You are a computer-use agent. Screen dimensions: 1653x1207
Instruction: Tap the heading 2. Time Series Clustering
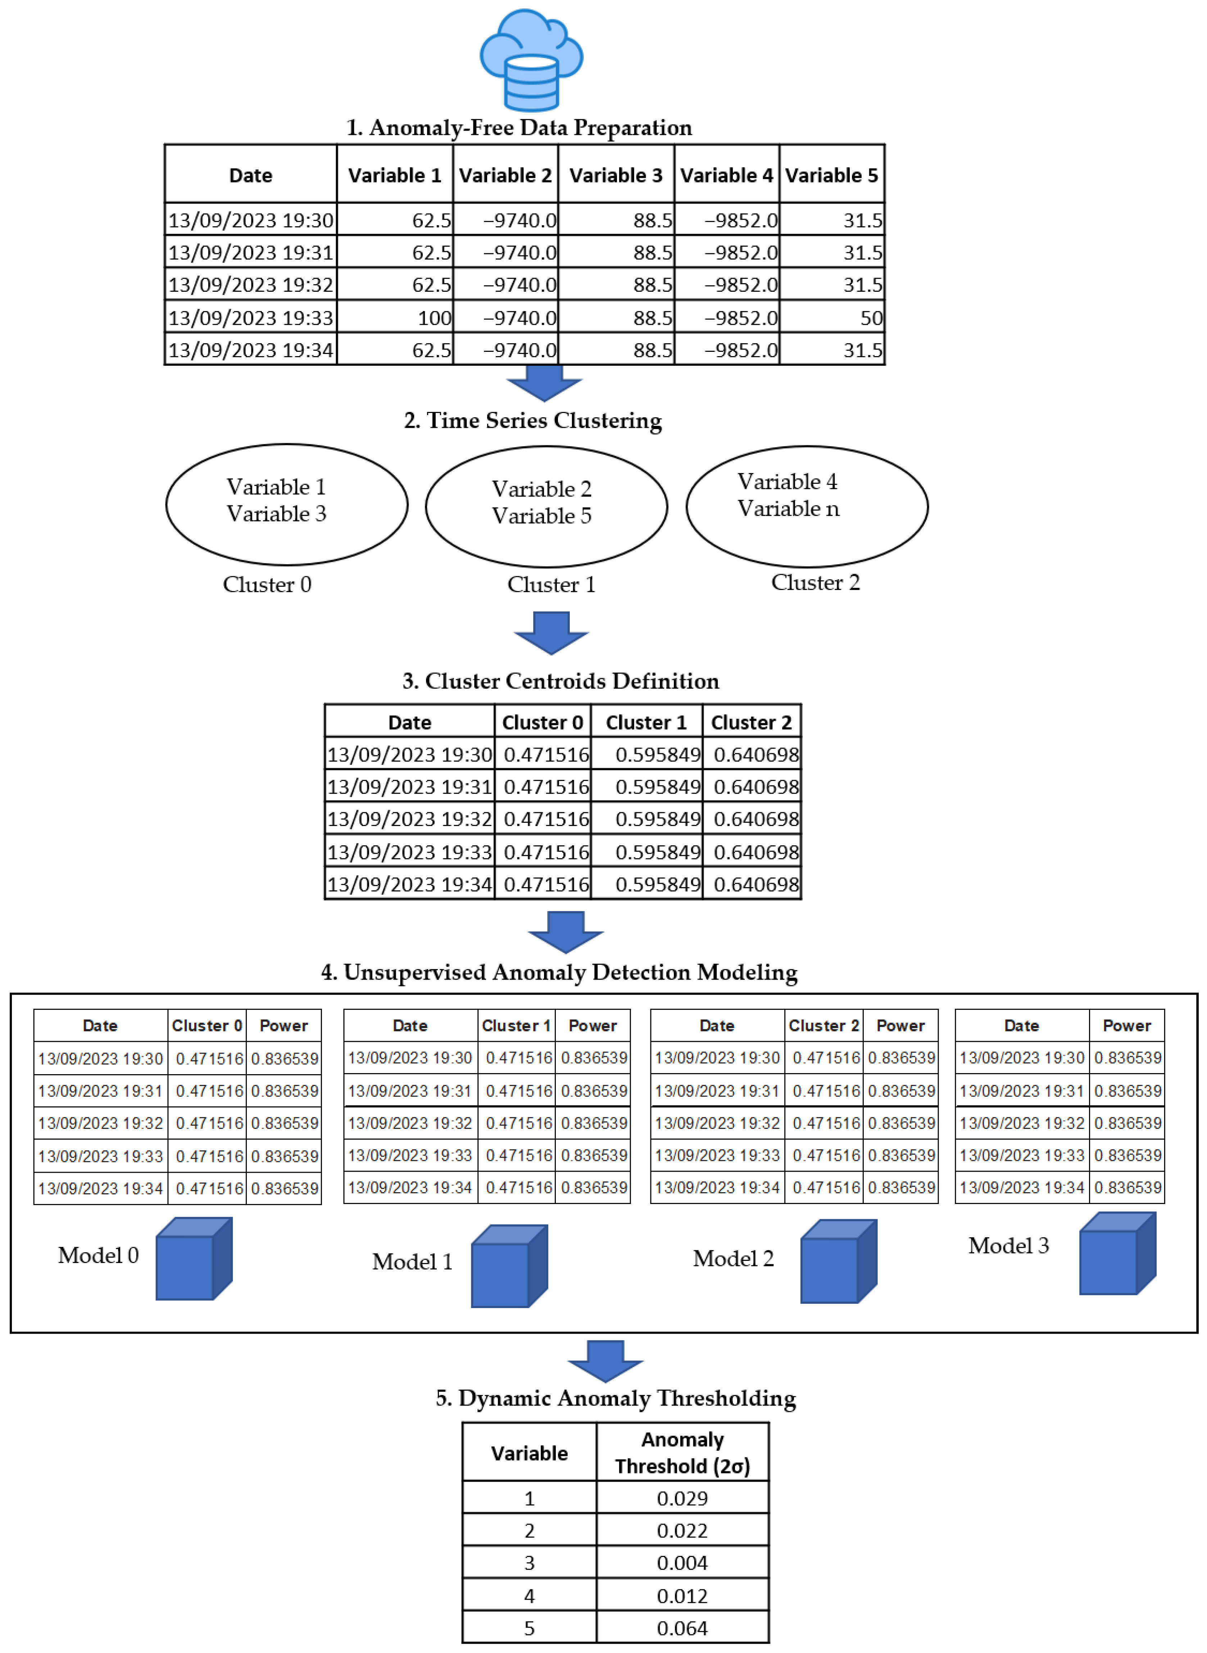533,421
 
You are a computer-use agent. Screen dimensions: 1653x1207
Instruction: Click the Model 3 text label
1008,1245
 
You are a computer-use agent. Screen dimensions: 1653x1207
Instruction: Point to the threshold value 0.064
682,1628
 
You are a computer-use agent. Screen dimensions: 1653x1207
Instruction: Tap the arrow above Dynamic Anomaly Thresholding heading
605,1360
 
